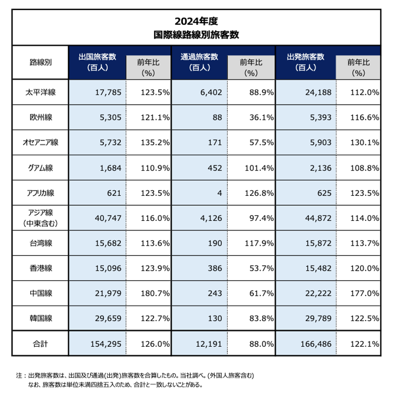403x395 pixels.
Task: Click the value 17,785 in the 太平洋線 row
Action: click(x=107, y=92)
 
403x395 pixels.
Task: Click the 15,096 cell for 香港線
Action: click(x=107, y=268)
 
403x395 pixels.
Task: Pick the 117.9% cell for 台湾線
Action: click(x=259, y=243)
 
